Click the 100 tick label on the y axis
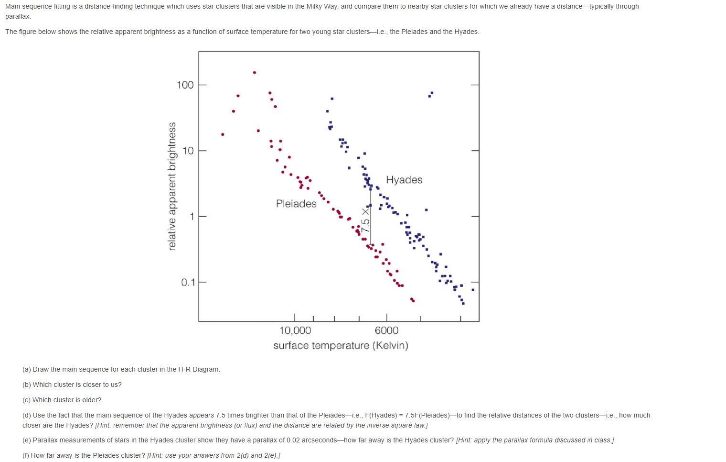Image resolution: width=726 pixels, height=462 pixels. [185, 85]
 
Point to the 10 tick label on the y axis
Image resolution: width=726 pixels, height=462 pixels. [188, 151]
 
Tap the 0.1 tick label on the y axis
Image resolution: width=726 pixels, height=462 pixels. [188, 283]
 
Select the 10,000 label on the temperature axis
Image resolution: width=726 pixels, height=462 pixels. [295, 330]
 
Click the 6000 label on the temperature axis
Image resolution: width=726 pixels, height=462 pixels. [386, 330]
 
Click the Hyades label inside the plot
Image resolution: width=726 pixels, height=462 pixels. [404, 180]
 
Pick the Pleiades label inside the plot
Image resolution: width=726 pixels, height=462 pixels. [296, 204]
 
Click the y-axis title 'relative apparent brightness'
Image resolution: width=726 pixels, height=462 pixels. [172, 187]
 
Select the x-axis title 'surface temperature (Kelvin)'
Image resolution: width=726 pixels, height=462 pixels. [341, 346]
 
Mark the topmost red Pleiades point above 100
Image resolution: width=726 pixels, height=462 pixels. [255, 73]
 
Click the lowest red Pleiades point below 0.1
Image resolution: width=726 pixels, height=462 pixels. [413, 301]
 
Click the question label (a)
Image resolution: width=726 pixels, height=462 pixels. [27, 370]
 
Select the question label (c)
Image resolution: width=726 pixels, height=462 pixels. [27, 400]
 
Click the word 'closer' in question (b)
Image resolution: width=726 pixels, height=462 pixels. [83, 385]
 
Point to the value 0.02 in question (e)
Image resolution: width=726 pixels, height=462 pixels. [293, 440]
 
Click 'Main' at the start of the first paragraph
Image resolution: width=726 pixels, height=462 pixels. [13, 7]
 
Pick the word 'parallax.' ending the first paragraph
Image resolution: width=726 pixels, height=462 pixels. [18, 17]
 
